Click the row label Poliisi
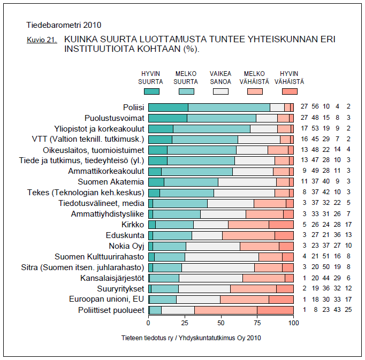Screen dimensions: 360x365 pos(134,108)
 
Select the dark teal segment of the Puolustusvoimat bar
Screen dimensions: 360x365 pos(168,118)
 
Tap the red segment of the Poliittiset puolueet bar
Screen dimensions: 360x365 pos(275,310)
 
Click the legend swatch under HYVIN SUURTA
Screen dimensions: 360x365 pos(151,91)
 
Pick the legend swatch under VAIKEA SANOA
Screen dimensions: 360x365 pos(220,91)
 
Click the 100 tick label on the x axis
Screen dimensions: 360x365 pos(293,323)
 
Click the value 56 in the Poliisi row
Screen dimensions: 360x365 pos(315,108)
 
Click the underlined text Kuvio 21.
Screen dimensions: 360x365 pos(42,40)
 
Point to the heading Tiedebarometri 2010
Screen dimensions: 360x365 pos(64,25)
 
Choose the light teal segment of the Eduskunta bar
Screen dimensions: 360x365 pos(172,235)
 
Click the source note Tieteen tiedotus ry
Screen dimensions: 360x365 pos(191,338)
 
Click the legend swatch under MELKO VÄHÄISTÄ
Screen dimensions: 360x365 pos(255,91)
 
